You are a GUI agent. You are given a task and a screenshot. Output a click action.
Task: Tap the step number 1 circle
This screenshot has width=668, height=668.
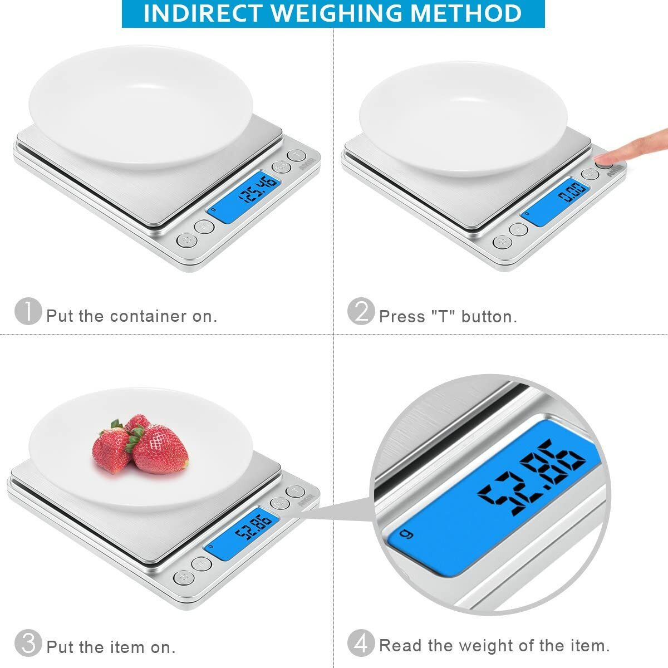click(28, 311)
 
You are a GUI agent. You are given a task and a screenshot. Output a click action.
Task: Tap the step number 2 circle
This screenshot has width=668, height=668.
click(361, 311)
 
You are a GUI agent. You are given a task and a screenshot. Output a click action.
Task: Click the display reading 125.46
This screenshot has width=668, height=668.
click(244, 197)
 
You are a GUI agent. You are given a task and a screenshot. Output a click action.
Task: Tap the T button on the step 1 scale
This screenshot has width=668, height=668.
click(297, 155)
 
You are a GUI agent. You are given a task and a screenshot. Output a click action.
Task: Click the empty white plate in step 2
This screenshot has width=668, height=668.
click(462, 117)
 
